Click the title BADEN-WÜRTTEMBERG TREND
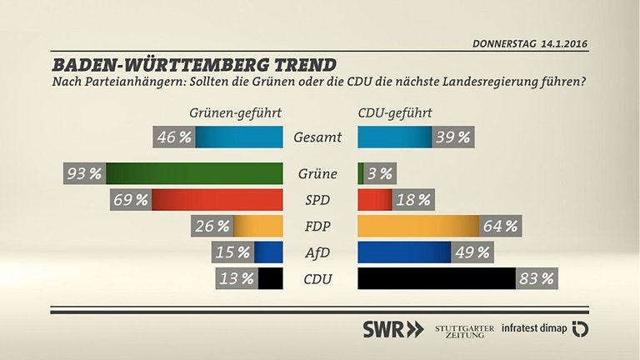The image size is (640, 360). click(194, 64)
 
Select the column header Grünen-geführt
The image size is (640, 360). click(235, 112)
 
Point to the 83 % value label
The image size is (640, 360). click(536, 278)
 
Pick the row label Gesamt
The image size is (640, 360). click(317, 137)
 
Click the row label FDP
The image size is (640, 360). click(317, 226)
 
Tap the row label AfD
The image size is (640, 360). click(317, 252)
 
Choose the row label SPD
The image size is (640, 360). click(317, 200)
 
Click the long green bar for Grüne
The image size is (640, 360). click(195, 173)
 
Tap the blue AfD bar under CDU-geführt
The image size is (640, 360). click(404, 252)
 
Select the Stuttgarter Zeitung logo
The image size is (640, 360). click(464, 328)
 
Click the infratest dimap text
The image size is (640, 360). click(534, 328)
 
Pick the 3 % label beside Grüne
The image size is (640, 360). click(379, 173)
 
